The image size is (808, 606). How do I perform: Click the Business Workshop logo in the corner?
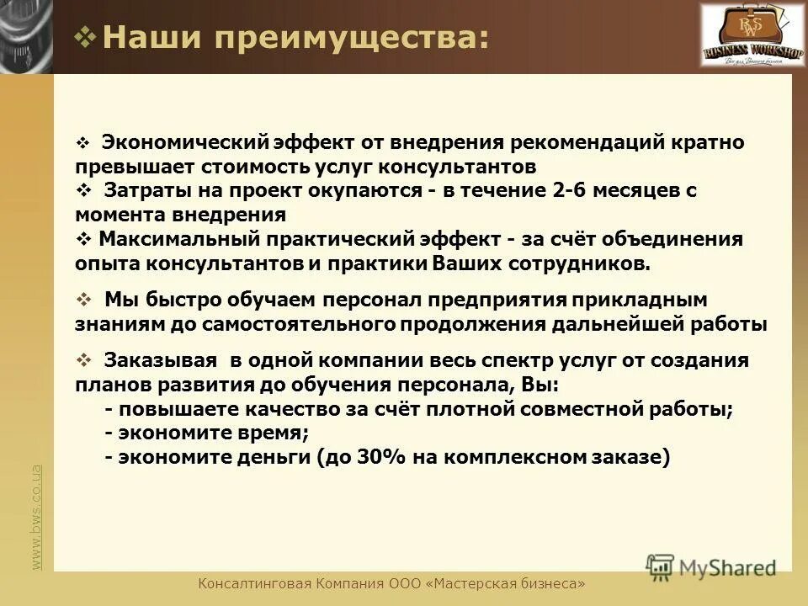point(742,35)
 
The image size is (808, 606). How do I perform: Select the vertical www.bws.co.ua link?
point(36,518)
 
